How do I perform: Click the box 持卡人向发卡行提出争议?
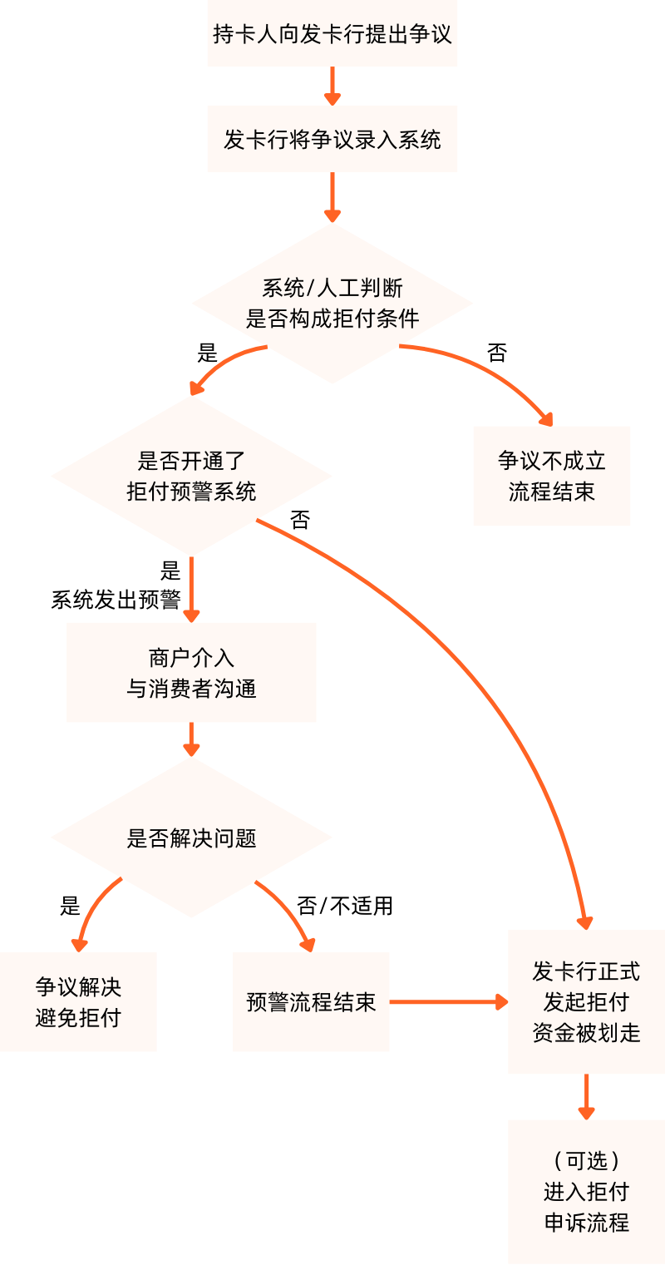332,34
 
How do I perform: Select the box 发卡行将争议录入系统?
332,139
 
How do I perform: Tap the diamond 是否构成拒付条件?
332,304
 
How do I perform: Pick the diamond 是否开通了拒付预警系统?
191,476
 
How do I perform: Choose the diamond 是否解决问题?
191,838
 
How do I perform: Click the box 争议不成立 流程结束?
551,476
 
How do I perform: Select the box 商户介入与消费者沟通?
191,672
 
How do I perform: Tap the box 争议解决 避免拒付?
78,1001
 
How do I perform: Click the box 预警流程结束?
310,1001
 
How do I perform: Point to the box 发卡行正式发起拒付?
586,1001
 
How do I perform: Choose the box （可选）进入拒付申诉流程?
586,1191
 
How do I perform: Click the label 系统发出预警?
116,600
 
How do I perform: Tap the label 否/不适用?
344,906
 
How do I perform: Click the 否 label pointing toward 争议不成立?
497,353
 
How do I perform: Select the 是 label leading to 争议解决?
70,906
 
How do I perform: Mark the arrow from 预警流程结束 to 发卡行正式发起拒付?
449,1001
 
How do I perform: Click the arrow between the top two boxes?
332,86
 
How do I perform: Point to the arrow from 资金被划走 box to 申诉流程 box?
586,1096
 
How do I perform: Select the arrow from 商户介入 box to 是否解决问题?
191,739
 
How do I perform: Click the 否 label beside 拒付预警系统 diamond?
300,521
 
